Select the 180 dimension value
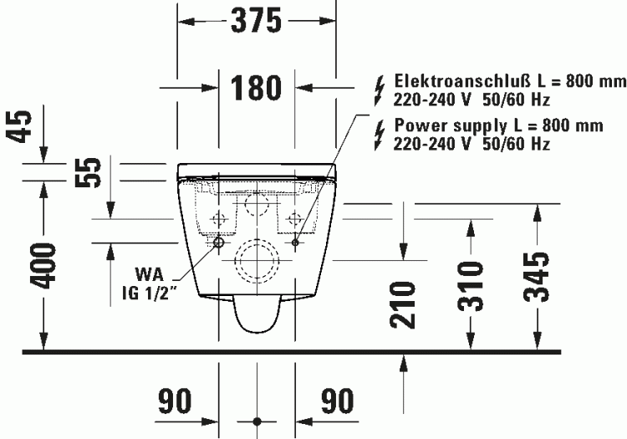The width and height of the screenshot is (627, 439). click(x=256, y=88)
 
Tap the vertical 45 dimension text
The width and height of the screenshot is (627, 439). click(x=19, y=126)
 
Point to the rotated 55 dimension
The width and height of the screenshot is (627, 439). click(x=88, y=172)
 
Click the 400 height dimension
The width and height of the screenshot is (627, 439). click(x=43, y=266)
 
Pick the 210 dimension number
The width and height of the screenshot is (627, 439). click(x=403, y=304)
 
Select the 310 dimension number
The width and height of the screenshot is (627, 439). click(x=470, y=286)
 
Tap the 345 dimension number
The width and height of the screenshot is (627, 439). click(x=537, y=277)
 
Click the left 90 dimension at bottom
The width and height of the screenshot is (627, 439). click(x=175, y=401)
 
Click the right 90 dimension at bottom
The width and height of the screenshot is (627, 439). click(x=338, y=401)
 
